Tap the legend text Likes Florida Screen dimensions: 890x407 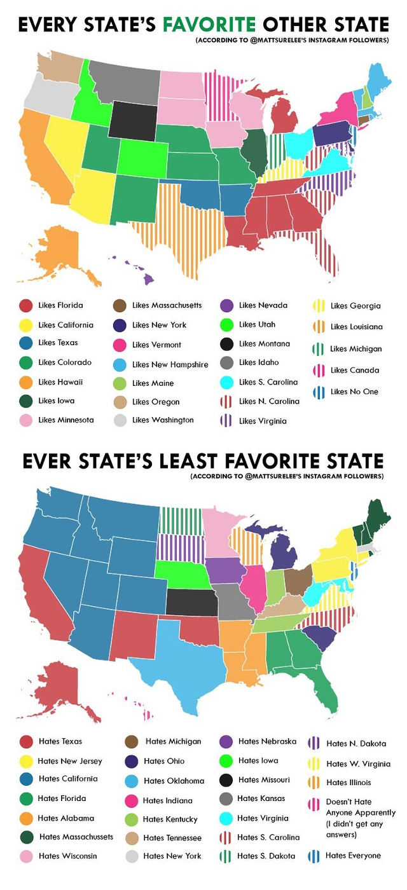point(60,305)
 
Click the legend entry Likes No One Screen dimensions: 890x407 point(354,391)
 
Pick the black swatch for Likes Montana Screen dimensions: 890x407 point(226,344)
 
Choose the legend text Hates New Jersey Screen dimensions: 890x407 point(70,760)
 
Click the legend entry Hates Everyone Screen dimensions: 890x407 point(353,855)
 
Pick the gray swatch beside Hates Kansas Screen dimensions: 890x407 point(226,798)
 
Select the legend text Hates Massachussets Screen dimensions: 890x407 point(76,837)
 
